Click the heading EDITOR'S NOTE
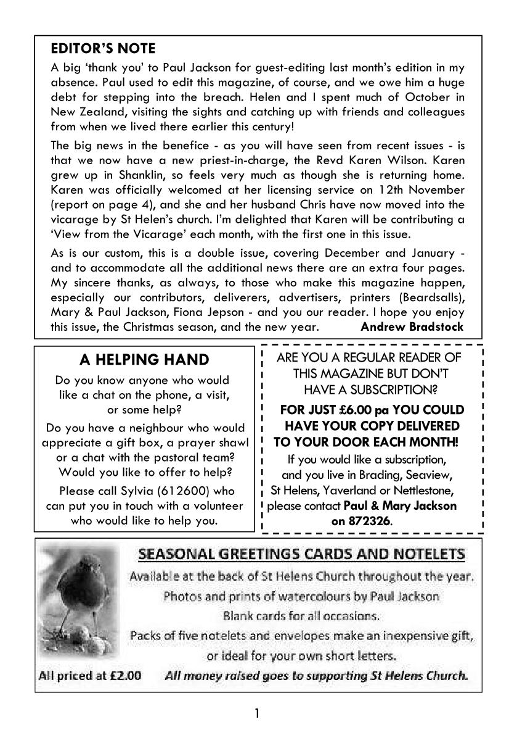pyautogui.click(x=103, y=48)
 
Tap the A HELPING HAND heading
pyautogui.click(x=145, y=359)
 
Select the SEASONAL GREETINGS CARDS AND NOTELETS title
pyautogui.click(x=302, y=554)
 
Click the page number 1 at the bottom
pyautogui.click(x=258, y=714)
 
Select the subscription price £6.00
pyautogui.click(x=350, y=410)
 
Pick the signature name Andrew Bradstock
pyautogui.click(x=412, y=326)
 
